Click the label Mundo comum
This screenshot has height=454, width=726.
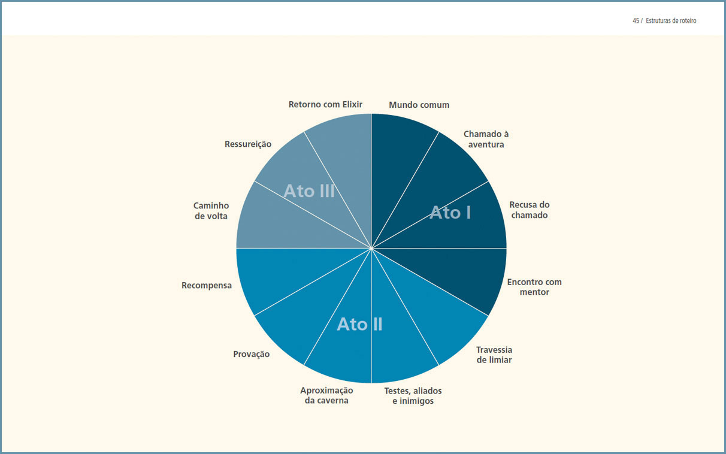(x=419, y=105)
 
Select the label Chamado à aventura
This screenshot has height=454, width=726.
(x=486, y=139)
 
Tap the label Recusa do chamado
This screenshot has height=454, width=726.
(x=530, y=210)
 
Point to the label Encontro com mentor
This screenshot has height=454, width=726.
(x=534, y=287)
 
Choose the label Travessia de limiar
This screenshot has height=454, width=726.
(x=494, y=355)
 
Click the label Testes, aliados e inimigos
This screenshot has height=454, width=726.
(x=413, y=396)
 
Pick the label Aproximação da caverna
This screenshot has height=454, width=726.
(x=326, y=395)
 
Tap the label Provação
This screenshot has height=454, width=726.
(x=252, y=354)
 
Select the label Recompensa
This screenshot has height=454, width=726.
(x=207, y=286)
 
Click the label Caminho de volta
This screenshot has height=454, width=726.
(x=211, y=211)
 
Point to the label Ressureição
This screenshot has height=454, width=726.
(x=248, y=144)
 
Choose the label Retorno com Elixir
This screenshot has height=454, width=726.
(x=325, y=104)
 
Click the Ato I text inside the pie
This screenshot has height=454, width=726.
(x=450, y=213)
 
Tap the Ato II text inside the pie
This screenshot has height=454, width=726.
(x=360, y=324)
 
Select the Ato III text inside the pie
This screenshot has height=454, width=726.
(x=309, y=191)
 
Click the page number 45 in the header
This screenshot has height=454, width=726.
(x=636, y=21)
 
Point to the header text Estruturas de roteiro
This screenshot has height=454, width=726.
(x=671, y=21)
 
